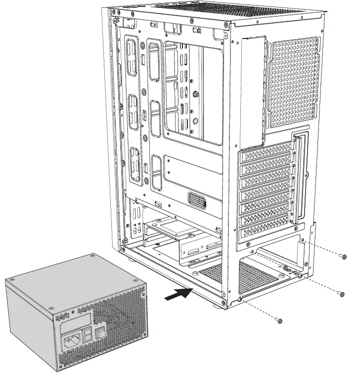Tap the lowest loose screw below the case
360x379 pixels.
(280, 321)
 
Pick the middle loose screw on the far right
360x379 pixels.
(341, 294)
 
